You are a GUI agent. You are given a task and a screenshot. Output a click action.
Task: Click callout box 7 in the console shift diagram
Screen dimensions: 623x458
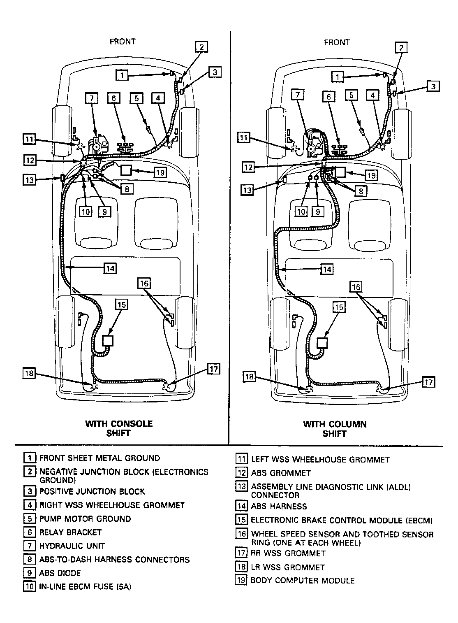[x=92, y=98]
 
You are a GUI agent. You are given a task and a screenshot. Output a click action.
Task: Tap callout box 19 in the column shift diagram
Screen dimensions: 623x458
[x=371, y=175]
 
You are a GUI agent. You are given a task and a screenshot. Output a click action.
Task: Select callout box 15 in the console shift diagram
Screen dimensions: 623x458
[x=122, y=305]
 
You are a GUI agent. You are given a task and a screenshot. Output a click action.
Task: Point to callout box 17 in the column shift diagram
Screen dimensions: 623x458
[x=428, y=382]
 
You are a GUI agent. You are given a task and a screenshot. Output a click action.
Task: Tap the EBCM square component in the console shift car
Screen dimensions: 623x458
[x=107, y=341]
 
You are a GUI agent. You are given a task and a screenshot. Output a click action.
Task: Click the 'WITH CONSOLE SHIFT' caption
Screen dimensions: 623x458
[x=119, y=428]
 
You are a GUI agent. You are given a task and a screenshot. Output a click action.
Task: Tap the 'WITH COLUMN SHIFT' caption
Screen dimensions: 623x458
[x=335, y=429]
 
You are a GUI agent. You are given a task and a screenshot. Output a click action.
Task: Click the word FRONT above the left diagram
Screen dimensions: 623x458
[x=123, y=42]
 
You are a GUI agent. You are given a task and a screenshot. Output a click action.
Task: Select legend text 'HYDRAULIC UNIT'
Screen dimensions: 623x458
[x=72, y=546]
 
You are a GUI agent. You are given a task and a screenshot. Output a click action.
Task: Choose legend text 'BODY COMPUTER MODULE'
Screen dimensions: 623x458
[x=303, y=581]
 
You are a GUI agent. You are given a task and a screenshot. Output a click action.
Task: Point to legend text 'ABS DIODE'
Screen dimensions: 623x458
[x=60, y=573]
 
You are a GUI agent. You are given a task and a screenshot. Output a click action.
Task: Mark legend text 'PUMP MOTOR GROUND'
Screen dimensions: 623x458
[x=85, y=518]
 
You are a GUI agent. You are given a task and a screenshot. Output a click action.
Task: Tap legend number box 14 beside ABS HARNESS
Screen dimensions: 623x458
[x=241, y=506]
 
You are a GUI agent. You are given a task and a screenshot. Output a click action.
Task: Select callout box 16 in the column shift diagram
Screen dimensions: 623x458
[x=356, y=286]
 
